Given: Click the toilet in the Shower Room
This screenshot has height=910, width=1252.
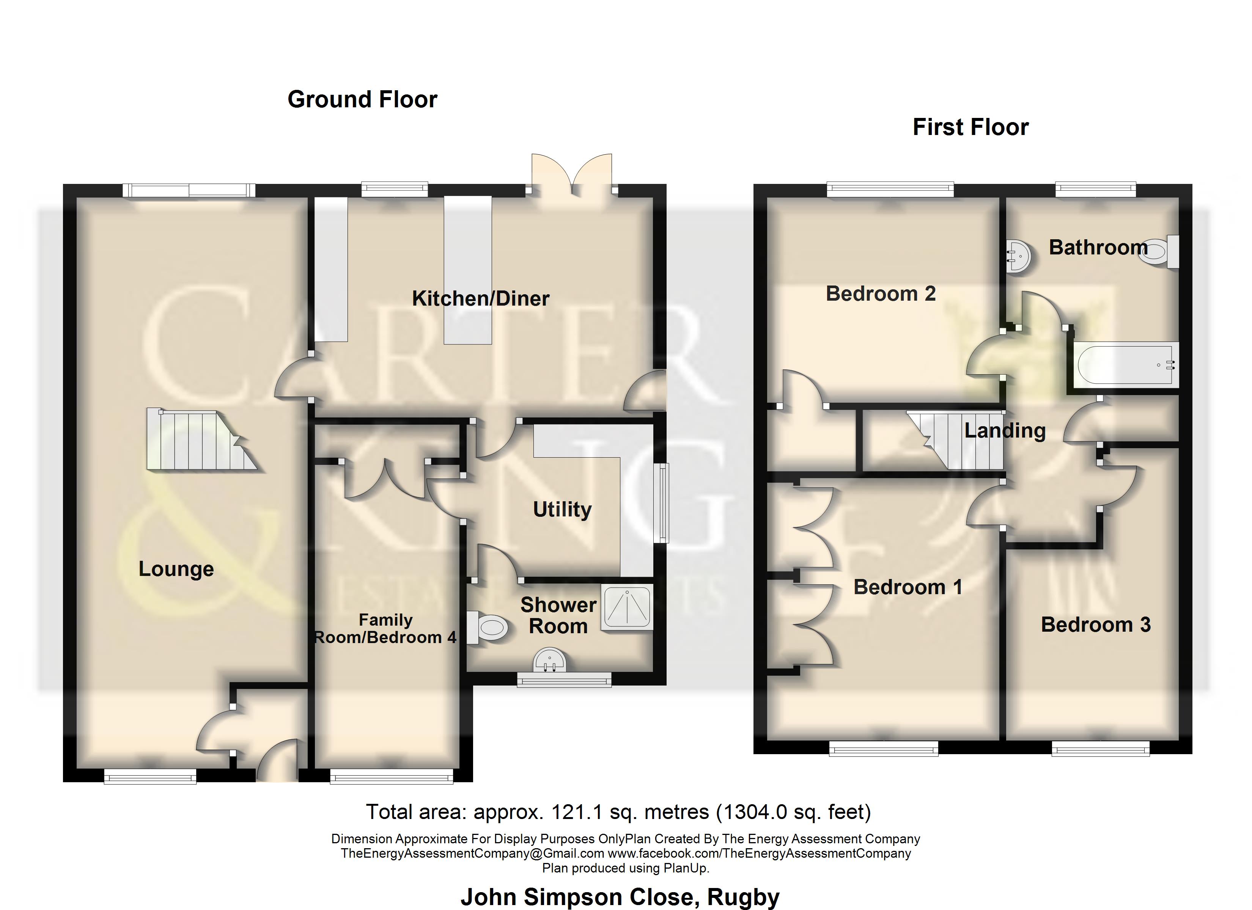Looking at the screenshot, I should tap(489, 628).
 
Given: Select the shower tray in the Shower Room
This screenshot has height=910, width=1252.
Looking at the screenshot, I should tap(626, 607).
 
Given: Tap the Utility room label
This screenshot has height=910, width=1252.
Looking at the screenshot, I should tap(562, 509).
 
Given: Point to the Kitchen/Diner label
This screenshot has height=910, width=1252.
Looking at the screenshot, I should tap(480, 298).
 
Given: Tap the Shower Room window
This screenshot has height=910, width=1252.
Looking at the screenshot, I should tap(564, 680).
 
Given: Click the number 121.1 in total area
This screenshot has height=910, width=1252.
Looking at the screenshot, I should tap(577, 812).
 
